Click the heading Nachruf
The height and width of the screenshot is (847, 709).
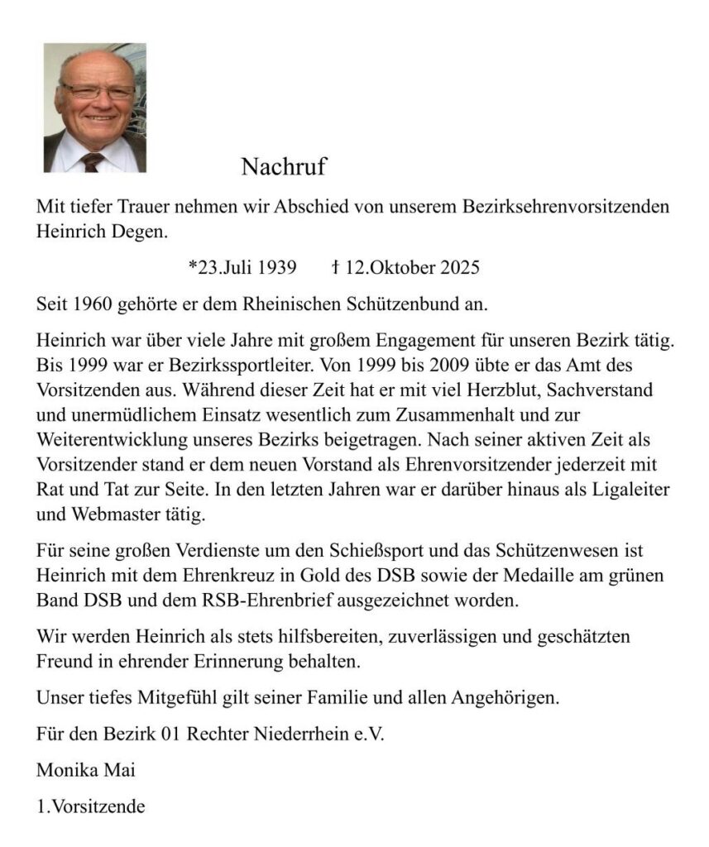(x=284, y=167)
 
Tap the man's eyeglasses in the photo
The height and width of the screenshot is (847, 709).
(x=97, y=91)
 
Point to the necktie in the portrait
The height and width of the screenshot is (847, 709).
(x=92, y=160)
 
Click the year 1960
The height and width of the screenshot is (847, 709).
(x=92, y=304)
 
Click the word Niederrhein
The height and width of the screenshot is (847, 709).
(x=312, y=734)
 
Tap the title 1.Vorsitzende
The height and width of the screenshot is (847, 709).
(x=91, y=806)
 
